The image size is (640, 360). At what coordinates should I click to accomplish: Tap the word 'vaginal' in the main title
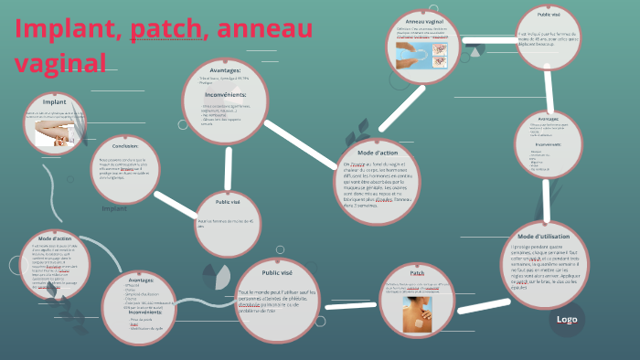click(60, 61)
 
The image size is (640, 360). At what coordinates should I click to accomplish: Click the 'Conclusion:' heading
click(125, 145)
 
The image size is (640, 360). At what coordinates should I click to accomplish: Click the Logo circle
click(567, 319)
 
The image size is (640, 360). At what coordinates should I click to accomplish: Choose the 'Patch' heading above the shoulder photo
click(417, 272)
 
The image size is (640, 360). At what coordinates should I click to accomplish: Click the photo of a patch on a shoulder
click(418, 311)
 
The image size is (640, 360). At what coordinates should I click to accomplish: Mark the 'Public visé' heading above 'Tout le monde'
click(276, 271)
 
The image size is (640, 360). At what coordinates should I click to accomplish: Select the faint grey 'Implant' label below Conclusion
click(114, 208)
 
